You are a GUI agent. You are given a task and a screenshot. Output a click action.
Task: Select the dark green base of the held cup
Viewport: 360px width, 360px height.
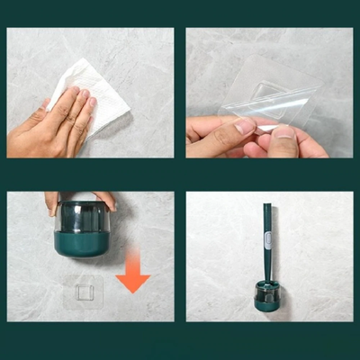[x=81, y=242]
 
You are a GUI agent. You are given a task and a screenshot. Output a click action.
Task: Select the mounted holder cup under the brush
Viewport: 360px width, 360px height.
[x=266, y=297]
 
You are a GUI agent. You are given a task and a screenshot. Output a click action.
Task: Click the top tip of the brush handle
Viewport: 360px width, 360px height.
[x=267, y=206]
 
